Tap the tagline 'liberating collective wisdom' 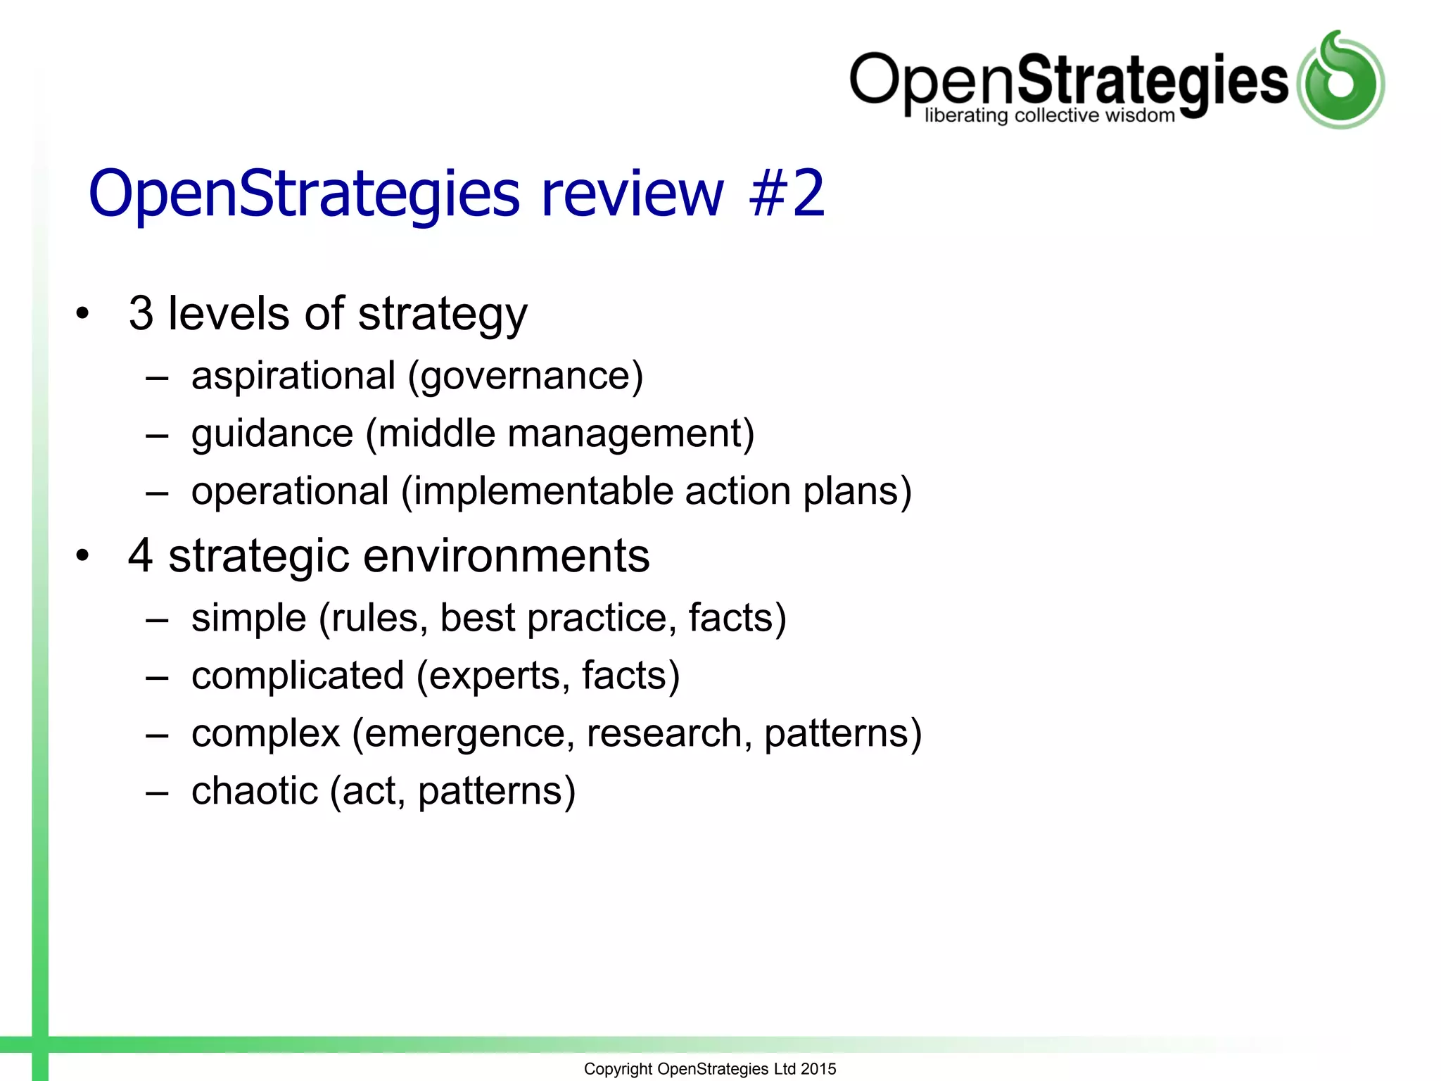pyautogui.click(x=1049, y=115)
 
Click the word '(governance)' pyautogui.click(x=526, y=377)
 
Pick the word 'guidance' pyautogui.click(x=272, y=434)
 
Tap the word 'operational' pyautogui.click(x=290, y=491)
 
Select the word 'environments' pyautogui.click(x=506, y=556)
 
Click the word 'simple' pyautogui.click(x=249, y=619)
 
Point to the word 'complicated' pyautogui.click(x=298, y=676)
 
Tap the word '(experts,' pyautogui.click(x=493, y=677)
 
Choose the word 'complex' pyautogui.click(x=266, y=734)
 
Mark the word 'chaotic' pyautogui.click(x=255, y=791)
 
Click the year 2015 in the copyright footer pyautogui.click(x=818, y=1069)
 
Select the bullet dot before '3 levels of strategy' pyautogui.click(x=83, y=314)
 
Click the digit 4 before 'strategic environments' pyautogui.click(x=141, y=556)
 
